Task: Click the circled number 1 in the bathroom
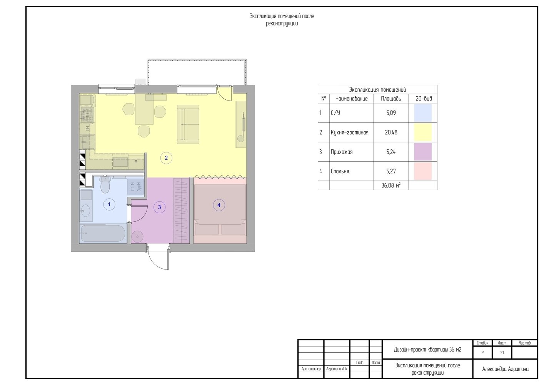click(109, 204)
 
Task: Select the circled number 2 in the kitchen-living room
click(166, 158)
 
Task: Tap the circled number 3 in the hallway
click(159, 207)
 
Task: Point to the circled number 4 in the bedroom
click(219, 205)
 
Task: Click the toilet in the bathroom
click(105, 184)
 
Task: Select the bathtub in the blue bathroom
click(103, 234)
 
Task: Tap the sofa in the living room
click(188, 124)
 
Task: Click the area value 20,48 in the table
click(391, 132)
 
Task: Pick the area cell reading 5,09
click(391, 113)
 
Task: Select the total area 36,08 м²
click(391, 186)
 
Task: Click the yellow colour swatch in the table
click(423, 132)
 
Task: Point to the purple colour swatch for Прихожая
click(423, 152)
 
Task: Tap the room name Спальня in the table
click(340, 171)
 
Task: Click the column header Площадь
click(391, 99)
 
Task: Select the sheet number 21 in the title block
click(502, 353)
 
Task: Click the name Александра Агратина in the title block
click(505, 369)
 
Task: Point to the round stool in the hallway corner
click(137, 236)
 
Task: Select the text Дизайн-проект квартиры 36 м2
click(427, 350)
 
